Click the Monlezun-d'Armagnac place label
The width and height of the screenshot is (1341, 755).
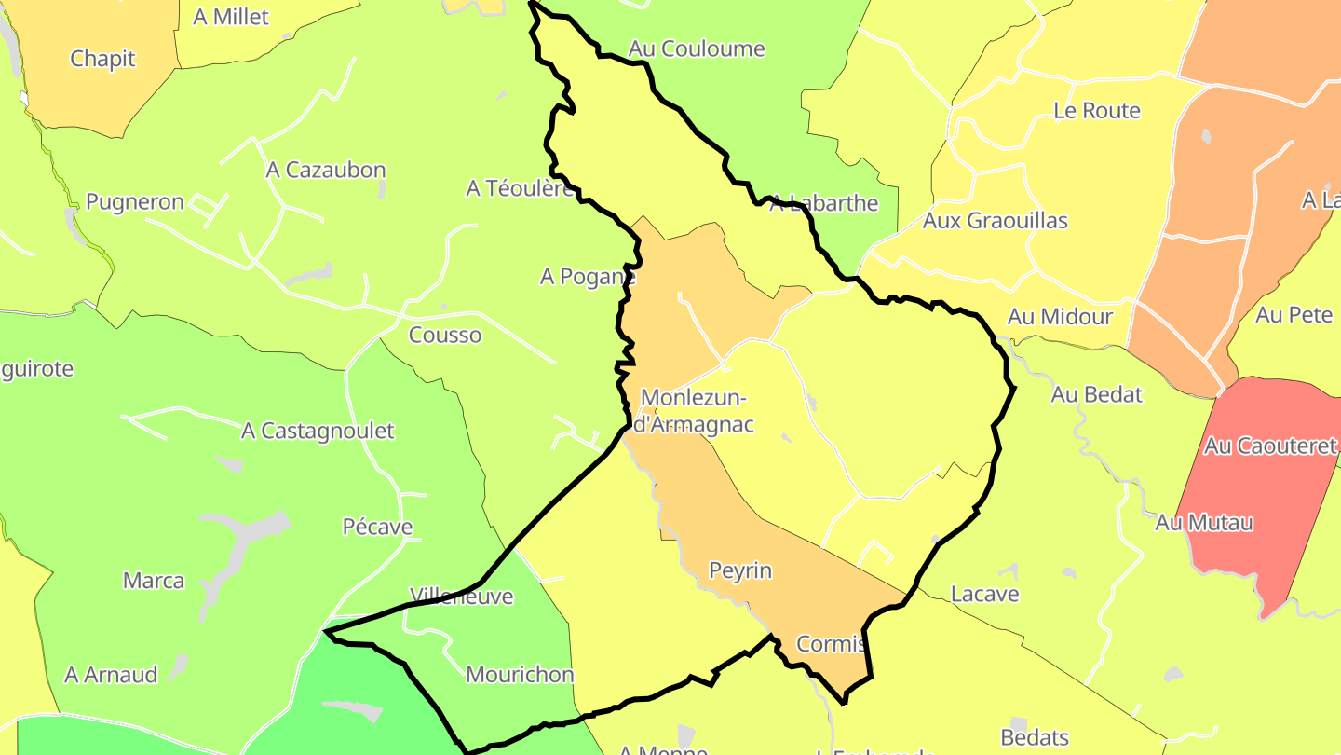pos(693,411)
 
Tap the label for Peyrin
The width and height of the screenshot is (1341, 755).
pos(740,570)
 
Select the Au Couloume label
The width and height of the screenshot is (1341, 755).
pos(697,48)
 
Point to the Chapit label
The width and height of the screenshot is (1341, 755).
pos(102,59)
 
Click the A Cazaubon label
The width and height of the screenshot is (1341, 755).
pos(325,170)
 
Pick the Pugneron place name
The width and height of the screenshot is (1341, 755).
pos(135,202)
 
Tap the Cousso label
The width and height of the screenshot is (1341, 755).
pos(445,336)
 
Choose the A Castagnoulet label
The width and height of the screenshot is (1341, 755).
pos(318,431)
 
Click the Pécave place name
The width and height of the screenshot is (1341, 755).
pos(377,527)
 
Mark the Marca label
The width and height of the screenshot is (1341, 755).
pos(154,581)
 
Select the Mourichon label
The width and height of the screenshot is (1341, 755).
pos(520,674)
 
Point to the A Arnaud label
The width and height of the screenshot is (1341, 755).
pos(111,674)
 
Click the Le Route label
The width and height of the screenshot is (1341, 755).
pos(1097,110)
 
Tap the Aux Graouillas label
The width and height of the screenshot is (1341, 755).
pos(995,221)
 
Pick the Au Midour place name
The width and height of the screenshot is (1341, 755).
pos(1060,317)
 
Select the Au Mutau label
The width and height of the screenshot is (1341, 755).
pos(1204,523)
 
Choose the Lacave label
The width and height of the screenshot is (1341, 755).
pos(984,594)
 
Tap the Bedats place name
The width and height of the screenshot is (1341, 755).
pos(1035,737)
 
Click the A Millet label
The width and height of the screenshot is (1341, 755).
pos(231,17)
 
